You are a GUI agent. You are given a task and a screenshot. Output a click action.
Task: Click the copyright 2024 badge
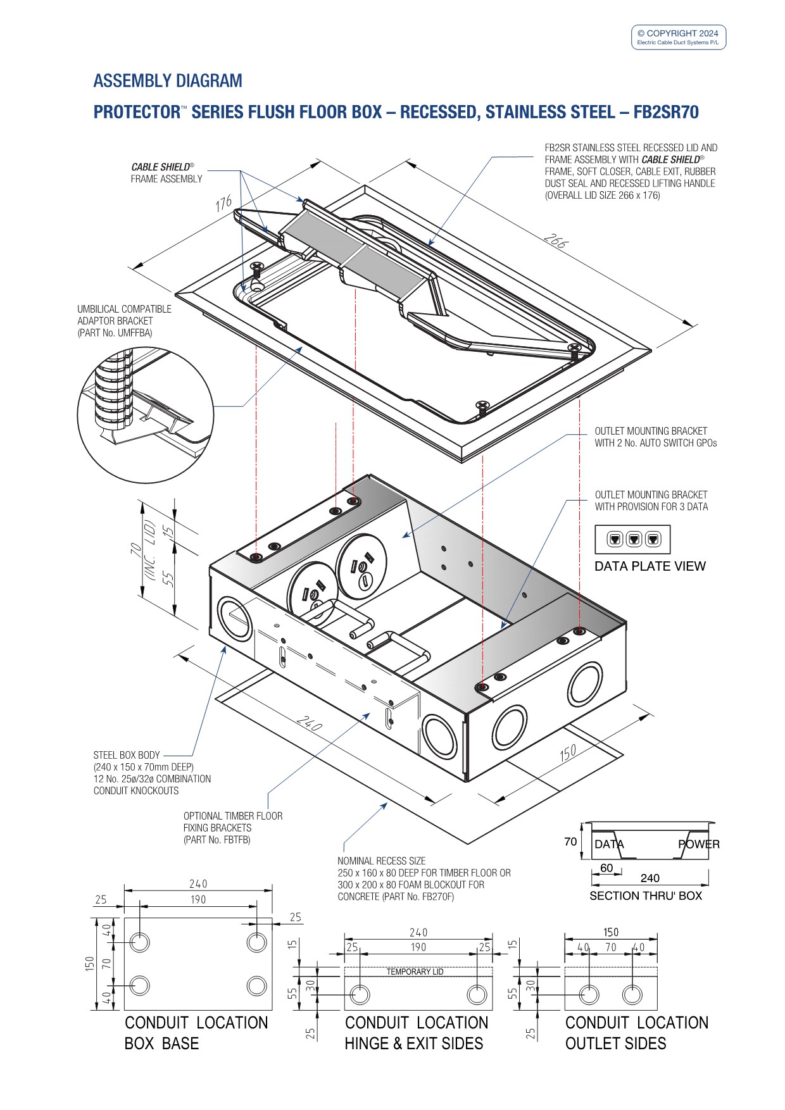tap(678, 37)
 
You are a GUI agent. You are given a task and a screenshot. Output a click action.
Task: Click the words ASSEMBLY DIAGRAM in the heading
tap(168, 81)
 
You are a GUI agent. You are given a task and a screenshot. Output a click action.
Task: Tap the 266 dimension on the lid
tap(555, 242)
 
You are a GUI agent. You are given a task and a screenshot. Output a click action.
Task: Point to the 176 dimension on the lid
tap(224, 204)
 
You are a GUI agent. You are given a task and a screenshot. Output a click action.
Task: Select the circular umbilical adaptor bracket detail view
tap(145, 415)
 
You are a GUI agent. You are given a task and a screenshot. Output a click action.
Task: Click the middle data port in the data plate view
tap(633, 539)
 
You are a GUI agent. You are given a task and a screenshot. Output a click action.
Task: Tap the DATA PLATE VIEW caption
tap(650, 566)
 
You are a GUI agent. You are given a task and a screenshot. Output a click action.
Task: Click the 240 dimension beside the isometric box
tap(309, 723)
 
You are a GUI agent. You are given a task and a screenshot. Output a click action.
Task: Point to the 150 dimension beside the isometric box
tap(568, 752)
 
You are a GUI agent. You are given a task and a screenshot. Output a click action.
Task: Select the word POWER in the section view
tap(698, 844)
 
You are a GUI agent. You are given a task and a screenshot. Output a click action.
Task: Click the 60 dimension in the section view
tap(606, 868)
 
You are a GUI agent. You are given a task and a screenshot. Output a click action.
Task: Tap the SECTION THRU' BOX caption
tap(646, 895)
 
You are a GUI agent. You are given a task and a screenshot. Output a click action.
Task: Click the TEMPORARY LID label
tap(415, 971)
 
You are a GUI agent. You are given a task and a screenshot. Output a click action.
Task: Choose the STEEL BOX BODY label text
tap(127, 755)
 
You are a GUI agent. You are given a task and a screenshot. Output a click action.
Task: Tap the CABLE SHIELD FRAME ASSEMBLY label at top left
tap(166, 173)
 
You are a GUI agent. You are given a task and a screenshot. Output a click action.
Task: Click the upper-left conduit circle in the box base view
tap(140, 942)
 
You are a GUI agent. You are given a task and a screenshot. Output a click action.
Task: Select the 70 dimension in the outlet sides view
tap(610, 947)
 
